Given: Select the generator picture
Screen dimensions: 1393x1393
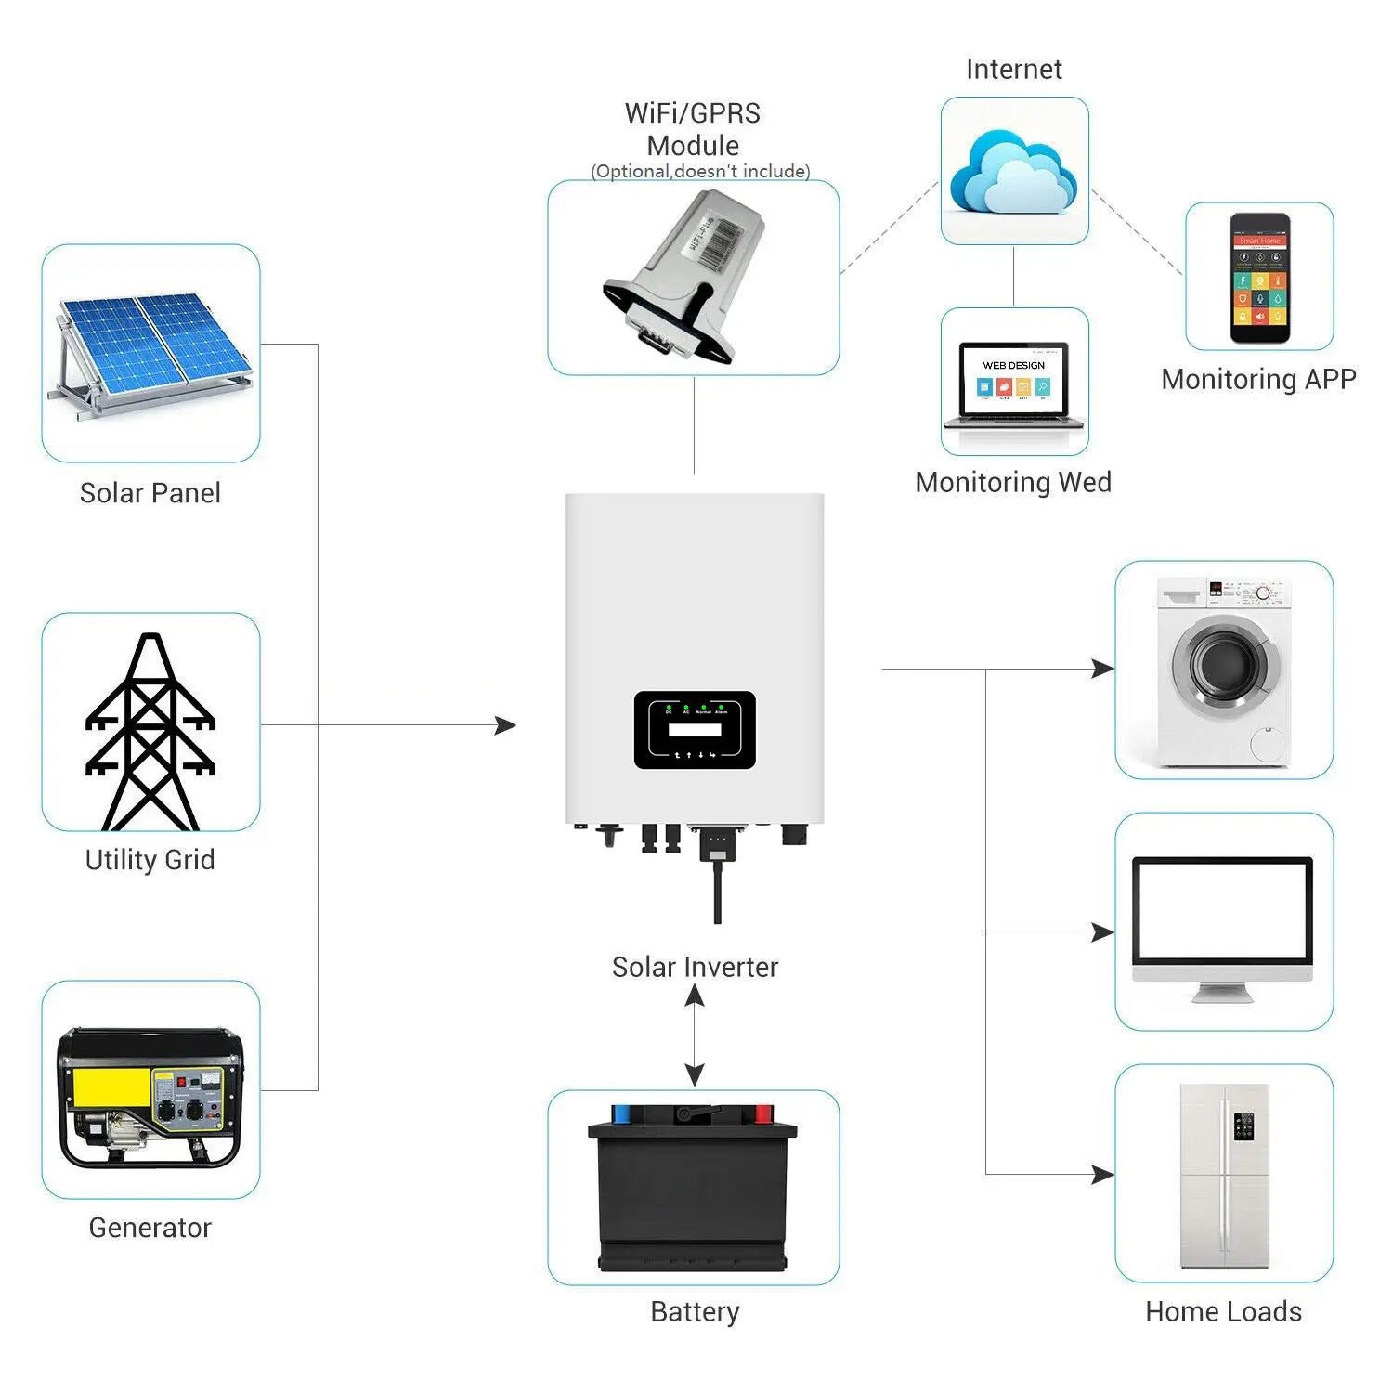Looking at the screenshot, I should (x=150, y=1096).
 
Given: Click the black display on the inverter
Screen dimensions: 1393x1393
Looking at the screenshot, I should (x=695, y=730).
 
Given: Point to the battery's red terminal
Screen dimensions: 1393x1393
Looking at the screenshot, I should (x=763, y=1113).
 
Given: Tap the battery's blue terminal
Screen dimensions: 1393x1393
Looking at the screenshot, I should (x=620, y=1113).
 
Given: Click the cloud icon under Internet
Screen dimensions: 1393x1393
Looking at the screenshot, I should (x=1013, y=173).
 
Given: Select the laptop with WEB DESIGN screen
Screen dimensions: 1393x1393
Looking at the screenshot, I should (x=1014, y=384).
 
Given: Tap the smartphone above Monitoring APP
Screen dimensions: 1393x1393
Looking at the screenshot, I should (x=1260, y=278).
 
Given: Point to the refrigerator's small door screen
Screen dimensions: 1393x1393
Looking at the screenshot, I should (x=1243, y=1126).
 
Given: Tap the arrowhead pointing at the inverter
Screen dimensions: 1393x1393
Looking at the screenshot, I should (x=506, y=725).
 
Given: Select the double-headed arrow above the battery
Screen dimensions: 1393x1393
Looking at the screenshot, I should (x=695, y=1035).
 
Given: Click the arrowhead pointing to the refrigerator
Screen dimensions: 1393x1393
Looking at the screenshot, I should (x=1102, y=1175).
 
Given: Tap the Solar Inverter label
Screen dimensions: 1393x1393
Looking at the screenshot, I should (x=695, y=967).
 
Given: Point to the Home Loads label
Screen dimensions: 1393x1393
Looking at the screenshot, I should (x=1223, y=1311).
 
